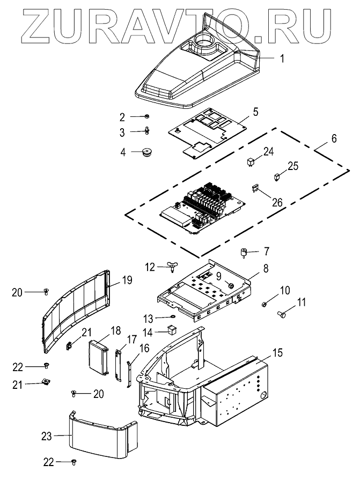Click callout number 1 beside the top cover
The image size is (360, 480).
click(x=283, y=58)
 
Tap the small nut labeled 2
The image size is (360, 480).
click(x=146, y=116)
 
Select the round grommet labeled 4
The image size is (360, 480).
click(x=147, y=152)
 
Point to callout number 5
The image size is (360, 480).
click(x=255, y=112)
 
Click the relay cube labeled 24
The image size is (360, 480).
click(x=251, y=161)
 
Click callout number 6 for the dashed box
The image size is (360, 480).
click(x=334, y=139)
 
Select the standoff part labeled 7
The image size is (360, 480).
click(x=244, y=254)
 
